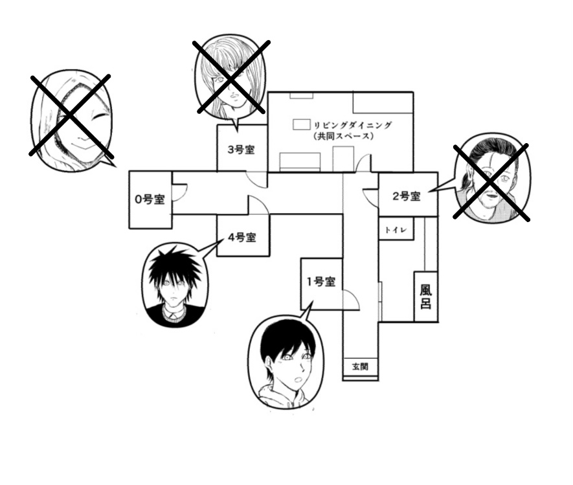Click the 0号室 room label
150,199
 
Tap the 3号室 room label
242,150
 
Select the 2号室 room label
407,196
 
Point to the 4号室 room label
242,238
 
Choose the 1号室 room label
321,282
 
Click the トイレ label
396,231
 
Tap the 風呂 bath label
426,297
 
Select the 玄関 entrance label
360,367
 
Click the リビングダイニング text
353,126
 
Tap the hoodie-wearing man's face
287,358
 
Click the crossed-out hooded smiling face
72,120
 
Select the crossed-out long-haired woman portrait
230,78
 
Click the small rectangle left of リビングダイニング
302,124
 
